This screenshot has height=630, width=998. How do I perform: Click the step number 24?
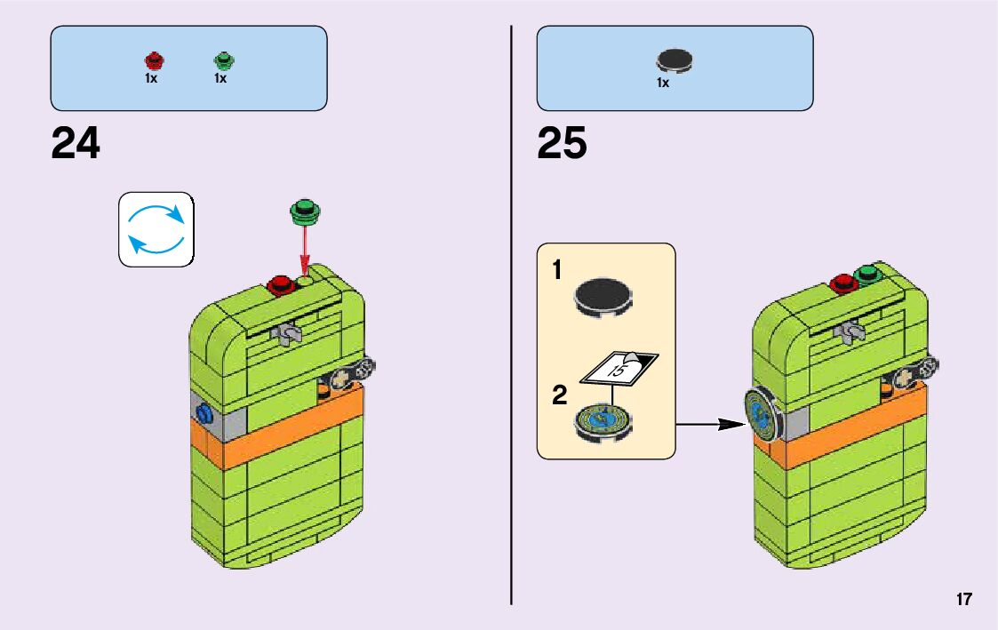click(x=76, y=144)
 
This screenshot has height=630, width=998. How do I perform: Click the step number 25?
click(x=562, y=144)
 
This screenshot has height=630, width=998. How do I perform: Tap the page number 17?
click(x=964, y=599)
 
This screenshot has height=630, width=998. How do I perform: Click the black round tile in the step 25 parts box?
click(x=675, y=60)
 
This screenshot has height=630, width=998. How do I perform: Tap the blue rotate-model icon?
click(x=156, y=229)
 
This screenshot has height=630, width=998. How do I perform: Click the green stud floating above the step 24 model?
click(x=306, y=212)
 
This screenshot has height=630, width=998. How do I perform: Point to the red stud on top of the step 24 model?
click(x=282, y=285)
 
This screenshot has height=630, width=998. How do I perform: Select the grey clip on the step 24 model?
click(x=288, y=334)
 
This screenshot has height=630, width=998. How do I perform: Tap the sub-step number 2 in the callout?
click(x=559, y=395)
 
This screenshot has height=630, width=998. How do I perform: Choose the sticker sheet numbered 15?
click(x=619, y=367)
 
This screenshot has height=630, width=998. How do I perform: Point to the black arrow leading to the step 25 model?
click(x=710, y=426)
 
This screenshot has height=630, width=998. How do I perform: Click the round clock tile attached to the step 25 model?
click(x=762, y=415)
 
